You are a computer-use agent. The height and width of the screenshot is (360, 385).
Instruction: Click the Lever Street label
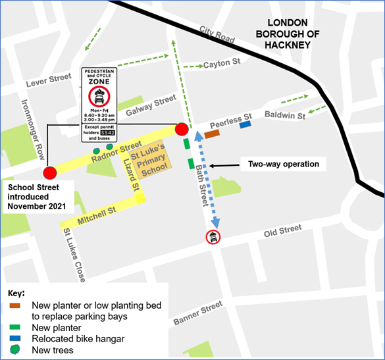49,82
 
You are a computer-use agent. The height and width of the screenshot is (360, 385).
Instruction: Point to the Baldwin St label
286,116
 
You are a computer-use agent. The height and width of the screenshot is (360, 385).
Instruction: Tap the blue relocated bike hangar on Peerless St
245,124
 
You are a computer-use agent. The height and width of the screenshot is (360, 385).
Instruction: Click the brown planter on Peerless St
211,134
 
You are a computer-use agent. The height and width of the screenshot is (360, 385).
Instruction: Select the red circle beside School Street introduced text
49,173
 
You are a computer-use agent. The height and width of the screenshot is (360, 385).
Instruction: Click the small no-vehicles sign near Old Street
213,237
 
